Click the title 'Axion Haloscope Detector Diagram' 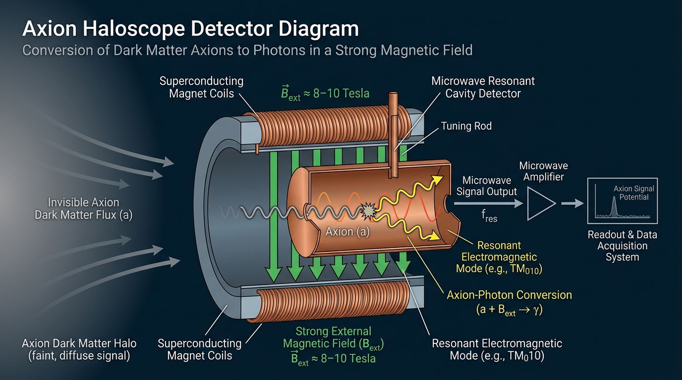(x=190, y=29)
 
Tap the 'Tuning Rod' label (x=466, y=126)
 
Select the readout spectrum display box (x=622, y=200)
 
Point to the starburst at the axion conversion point (x=368, y=212)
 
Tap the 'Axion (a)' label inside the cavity (x=347, y=232)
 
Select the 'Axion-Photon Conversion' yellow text (x=509, y=295)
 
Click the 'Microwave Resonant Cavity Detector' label (x=483, y=87)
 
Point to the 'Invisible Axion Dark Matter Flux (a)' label (x=83, y=209)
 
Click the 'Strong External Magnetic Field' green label (x=333, y=337)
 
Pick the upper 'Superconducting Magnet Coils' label (x=201, y=87)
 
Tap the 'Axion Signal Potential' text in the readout (x=633, y=192)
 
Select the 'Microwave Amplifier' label (x=543, y=171)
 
